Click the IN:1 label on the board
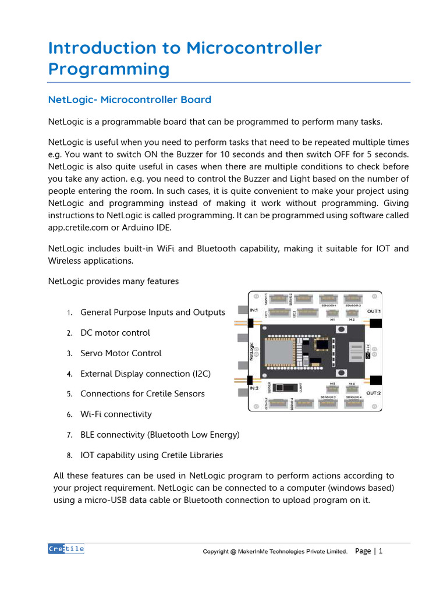coord(254,310)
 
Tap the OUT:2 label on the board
coord(374,393)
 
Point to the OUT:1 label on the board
coord(374,311)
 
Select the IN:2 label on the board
coord(254,388)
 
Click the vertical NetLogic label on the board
coord(253,351)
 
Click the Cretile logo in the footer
coord(66,549)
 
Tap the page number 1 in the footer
coord(381,551)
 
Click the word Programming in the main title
coord(108,69)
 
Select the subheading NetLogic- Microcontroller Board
coord(129,100)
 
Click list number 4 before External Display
coord(69,374)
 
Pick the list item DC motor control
coord(115,333)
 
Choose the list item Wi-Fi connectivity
coord(116,414)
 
